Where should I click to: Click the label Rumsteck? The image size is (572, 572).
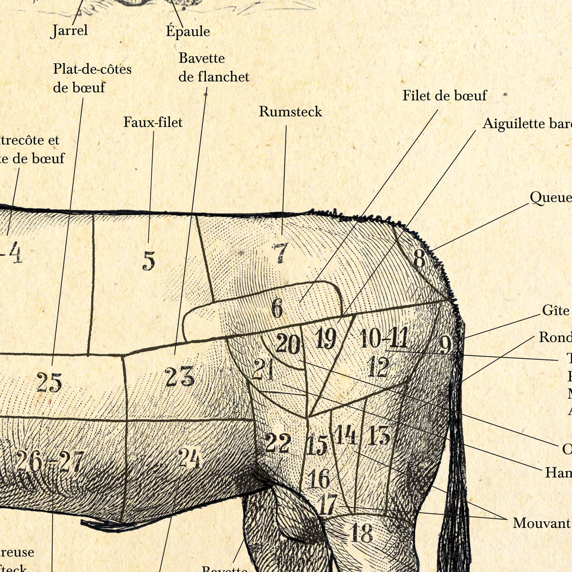coord(290,112)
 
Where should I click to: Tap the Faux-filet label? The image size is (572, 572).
coord(153,122)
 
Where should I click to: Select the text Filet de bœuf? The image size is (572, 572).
coord(444,96)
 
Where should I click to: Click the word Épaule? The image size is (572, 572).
coord(188,31)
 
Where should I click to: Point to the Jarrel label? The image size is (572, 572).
coord(70,30)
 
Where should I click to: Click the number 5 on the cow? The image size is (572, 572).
coord(149,261)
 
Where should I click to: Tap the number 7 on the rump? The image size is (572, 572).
coord(281,253)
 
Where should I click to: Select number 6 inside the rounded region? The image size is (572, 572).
coord(277,308)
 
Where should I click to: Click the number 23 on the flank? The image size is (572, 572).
coord(180,376)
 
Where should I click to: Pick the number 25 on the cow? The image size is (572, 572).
coord(49,383)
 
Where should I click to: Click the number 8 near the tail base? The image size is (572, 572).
coord(419,259)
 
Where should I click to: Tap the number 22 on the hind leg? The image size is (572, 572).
coord(278,443)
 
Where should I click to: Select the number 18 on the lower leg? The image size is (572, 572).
coord(361,533)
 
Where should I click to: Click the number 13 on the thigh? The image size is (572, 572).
coord(379,435)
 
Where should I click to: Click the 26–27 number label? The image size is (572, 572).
coord(50,462)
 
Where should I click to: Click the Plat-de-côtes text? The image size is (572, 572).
coord(92,69)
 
